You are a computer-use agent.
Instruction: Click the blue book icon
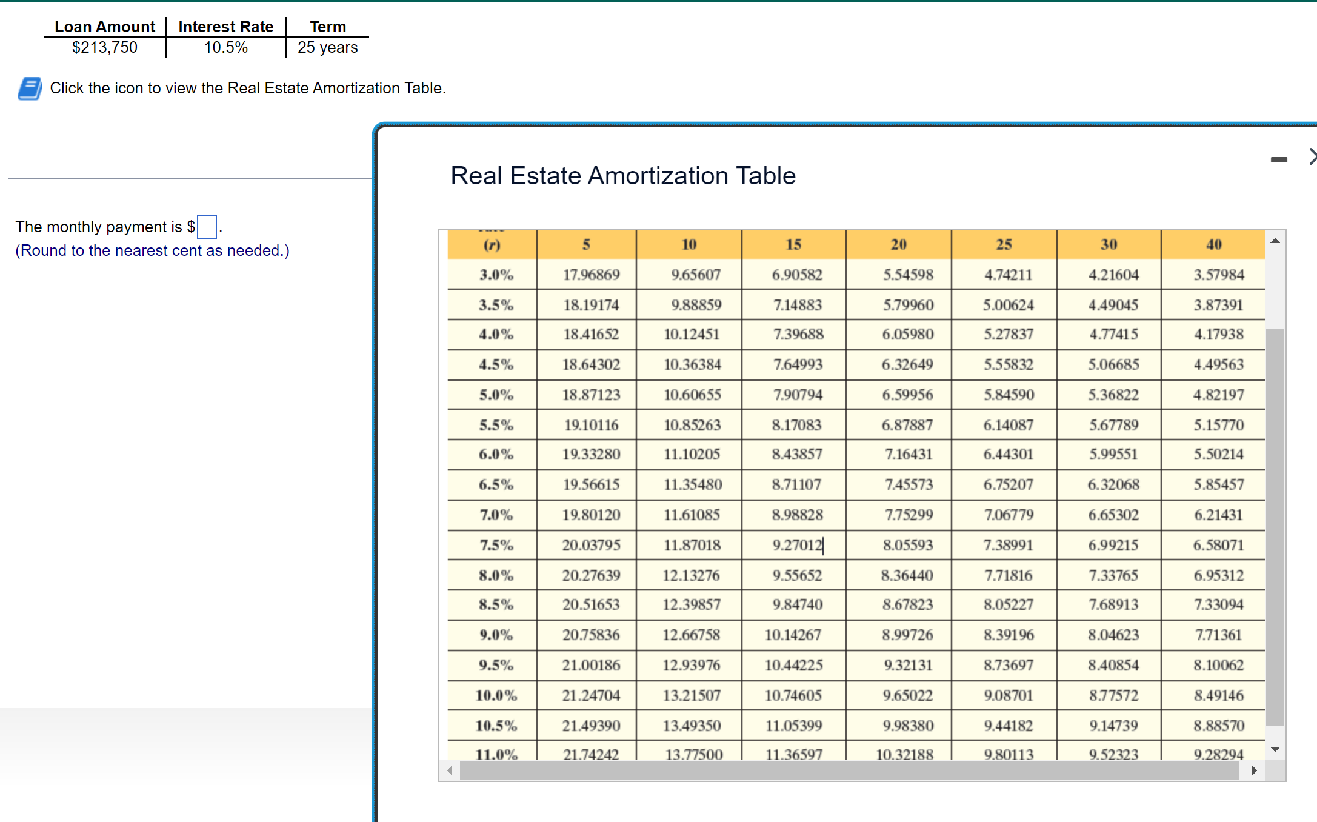coord(30,89)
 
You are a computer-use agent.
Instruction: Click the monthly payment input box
coord(207,227)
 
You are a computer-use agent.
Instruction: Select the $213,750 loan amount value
coord(104,47)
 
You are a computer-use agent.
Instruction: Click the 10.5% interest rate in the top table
coord(225,47)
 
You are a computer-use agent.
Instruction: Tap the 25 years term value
coord(327,47)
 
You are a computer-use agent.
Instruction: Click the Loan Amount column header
coord(104,27)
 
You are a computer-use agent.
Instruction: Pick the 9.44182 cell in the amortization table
coord(1009,725)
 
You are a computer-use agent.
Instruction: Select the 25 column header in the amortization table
coord(1004,244)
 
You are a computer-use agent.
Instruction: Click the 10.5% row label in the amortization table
coord(496,725)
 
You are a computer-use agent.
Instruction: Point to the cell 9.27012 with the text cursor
coord(798,545)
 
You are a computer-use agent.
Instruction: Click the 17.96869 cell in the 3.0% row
coord(591,275)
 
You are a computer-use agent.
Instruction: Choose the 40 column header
coord(1213,244)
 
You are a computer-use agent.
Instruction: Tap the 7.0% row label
coord(496,515)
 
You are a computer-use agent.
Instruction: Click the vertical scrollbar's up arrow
coord(1275,241)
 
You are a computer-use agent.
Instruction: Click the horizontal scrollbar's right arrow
coord(1254,770)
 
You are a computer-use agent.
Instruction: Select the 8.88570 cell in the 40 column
coord(1218,725)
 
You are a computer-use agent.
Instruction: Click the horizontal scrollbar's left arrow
coord(450,770)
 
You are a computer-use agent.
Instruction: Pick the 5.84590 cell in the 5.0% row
coord(1009,395)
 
